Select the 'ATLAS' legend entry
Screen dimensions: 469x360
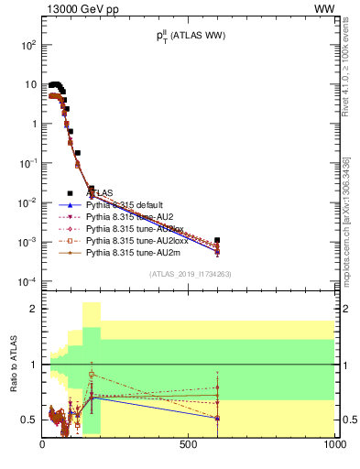(100, 193)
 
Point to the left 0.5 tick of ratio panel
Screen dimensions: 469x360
(29, 420)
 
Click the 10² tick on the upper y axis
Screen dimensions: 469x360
(27, 44)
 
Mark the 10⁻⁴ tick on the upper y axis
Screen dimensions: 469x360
(27, 280)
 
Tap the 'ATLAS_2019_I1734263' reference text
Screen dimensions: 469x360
(189, 274)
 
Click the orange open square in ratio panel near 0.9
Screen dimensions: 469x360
(92, 375)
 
